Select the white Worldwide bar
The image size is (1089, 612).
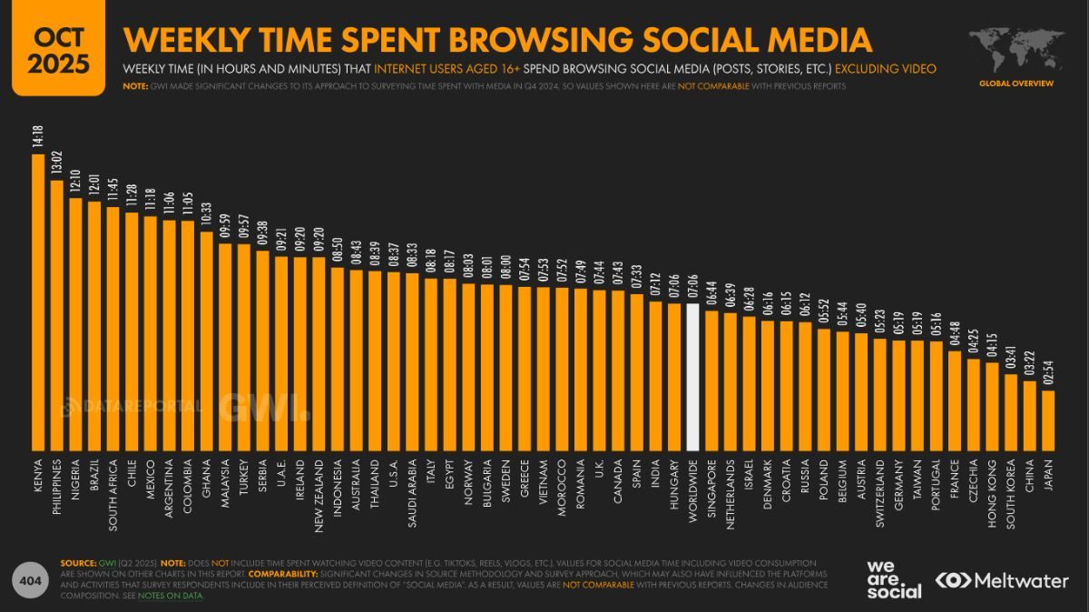point(692,377)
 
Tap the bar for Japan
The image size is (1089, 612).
point(1048,420)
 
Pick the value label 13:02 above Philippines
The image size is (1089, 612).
point(56,166)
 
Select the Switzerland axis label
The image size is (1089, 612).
point(879,491)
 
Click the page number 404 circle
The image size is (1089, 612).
point(30,580)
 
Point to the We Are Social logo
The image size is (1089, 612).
point(894,579)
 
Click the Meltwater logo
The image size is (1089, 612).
point(1002,580)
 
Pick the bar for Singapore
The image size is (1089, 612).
point(711,381)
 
